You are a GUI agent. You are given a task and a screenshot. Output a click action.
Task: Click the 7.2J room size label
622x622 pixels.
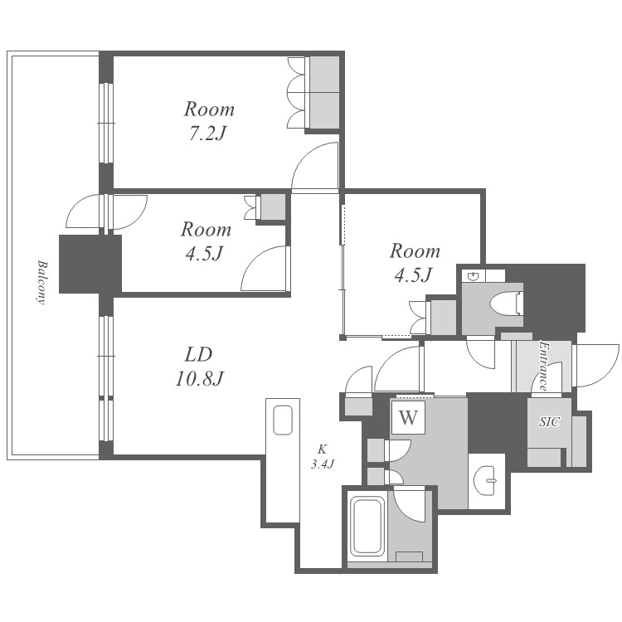(207, 134)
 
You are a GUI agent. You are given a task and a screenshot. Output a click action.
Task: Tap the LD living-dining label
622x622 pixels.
(198, 355)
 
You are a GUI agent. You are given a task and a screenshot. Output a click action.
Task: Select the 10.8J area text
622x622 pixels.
(200, 378)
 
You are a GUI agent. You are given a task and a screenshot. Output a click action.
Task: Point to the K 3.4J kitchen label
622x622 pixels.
(322, 457)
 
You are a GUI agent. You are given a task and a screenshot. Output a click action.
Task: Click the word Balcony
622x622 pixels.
(41, 282)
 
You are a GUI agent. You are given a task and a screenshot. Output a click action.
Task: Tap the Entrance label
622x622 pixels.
(544, 366)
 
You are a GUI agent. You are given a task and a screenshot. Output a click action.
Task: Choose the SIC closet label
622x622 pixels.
(549, 421)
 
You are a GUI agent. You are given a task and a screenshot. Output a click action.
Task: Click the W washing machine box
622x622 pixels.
(408, 417)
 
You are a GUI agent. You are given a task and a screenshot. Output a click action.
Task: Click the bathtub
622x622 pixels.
(367, 527)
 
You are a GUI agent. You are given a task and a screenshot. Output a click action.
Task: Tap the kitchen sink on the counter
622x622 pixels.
(283, 420)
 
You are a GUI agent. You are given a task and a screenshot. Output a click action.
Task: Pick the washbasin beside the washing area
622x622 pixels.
(487, 480)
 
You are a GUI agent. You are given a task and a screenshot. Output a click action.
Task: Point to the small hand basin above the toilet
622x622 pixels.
(473, 276)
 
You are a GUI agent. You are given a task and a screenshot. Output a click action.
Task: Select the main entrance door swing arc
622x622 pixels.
(595, 366)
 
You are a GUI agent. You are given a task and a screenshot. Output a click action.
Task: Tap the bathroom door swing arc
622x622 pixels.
(410, 506)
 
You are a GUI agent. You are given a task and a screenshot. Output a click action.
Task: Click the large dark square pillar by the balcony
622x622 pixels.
(90, 265)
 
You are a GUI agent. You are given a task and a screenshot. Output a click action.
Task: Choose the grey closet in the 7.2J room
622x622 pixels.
(324, 93)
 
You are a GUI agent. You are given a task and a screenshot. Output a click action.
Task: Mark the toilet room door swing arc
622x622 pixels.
(481, 352)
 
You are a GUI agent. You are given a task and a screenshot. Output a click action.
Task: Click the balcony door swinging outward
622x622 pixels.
(82, 211)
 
